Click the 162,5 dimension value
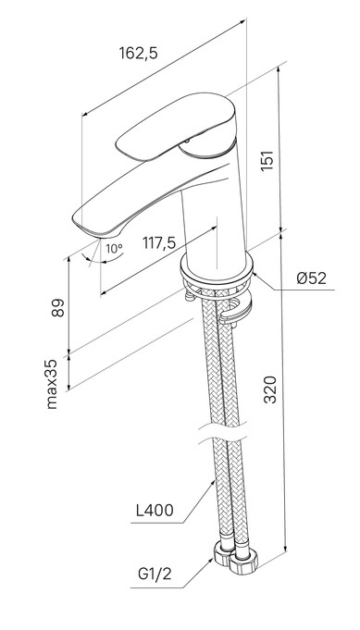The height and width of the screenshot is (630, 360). click(x=139, y=53)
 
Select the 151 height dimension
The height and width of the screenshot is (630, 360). click(x=267, y=160)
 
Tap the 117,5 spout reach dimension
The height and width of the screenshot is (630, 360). click(x=159, y=242)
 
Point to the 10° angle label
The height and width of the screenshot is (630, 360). click(x=114, y=249)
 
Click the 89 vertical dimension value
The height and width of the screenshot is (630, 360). click(x=58, y=307)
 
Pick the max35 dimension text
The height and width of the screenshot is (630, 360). click(x=52, y=384)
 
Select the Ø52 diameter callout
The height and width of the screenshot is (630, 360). click(x=311, y=278)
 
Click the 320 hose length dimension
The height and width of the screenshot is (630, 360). click(x=270, y=389)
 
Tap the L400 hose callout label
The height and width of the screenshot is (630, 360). click(x=155, y=511)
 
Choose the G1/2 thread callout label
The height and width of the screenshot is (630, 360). click(x=155, y=574)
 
